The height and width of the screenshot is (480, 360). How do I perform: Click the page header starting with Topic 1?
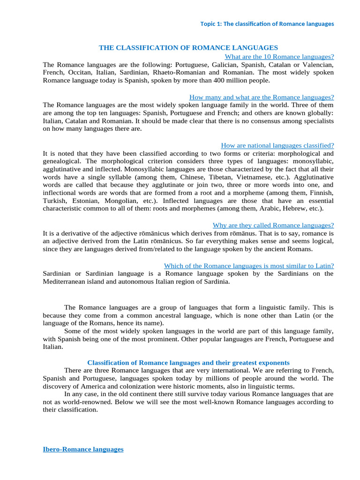tap(267, 24)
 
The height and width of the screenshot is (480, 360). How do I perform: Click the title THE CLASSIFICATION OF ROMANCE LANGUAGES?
tap(188, 48)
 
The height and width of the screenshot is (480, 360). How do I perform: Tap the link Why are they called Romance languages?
tap(273, 225)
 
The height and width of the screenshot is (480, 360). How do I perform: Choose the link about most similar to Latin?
tap(249, 266)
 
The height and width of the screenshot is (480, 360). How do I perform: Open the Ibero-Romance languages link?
tap(83, 449)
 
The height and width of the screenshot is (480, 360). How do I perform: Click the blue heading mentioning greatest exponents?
tap(188, 363)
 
